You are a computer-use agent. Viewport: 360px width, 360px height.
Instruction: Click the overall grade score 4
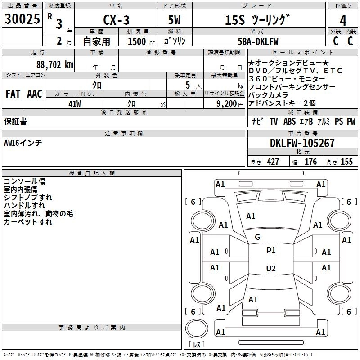[343, 20]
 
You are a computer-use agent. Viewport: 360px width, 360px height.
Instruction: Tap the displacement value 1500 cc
[140, 41]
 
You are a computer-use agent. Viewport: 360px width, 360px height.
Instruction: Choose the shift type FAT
[13, 94]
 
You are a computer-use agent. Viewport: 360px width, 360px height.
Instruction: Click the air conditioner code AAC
[34, 94]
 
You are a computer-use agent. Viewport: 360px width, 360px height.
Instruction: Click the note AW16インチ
[23, 143]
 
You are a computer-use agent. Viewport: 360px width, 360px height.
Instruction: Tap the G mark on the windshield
[257, 237]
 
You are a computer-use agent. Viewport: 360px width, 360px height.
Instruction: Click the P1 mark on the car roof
[271, 251]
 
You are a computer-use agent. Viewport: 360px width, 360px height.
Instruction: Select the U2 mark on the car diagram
[270, 269]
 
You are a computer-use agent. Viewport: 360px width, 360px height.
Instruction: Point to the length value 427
[273, 162]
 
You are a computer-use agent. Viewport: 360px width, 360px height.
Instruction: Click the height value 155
[346, 162]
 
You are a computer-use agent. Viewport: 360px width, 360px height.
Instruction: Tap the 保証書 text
[15, 121]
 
